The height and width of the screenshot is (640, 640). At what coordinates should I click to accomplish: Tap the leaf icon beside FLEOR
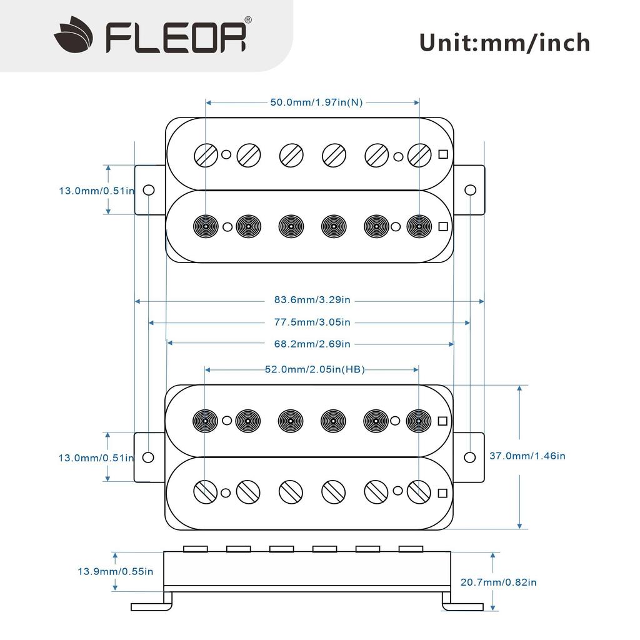[73, 36]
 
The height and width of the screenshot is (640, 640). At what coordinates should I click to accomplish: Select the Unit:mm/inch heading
[504, 42]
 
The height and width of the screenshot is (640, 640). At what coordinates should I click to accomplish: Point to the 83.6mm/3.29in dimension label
[312, 301]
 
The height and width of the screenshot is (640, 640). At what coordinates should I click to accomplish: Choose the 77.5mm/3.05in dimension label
[312, 322]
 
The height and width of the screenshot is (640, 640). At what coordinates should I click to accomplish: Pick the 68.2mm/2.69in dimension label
[312, 344]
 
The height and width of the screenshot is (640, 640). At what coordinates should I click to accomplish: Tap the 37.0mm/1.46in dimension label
[527, 456]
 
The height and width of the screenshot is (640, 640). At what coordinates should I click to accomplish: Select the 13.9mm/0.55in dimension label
[115, 571]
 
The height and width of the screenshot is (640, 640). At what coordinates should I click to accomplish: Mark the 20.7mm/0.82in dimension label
[498, 582]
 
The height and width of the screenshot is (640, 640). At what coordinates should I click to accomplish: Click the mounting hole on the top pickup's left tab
[149, 190]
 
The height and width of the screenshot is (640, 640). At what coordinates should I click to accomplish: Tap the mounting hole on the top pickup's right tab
[470, 190]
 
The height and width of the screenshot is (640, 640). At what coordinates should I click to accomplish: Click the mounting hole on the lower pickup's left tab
[148, 457]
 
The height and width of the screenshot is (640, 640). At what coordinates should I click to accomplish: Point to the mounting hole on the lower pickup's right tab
[470, 457]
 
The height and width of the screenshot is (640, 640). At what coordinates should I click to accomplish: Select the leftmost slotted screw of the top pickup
[205, 154]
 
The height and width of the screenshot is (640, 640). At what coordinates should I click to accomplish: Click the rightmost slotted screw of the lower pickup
[418, 492]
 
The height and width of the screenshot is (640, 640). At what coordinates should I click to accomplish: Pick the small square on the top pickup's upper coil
[443, 154]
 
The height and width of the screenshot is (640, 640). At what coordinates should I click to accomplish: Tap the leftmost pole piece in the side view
[195, 549]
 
